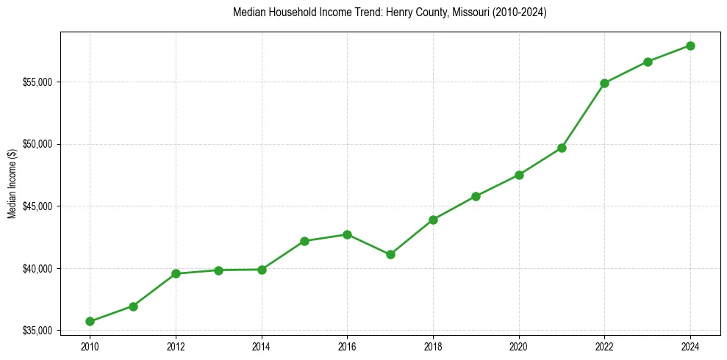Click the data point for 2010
[x=90, y=321]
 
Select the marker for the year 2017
[x=390, y=254]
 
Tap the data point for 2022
[x=605, y=83]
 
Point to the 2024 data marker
[x=691, y=46]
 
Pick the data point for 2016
[x=348, y=234]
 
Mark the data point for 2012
[x=176, y=273]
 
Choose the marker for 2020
[x=519, y=175]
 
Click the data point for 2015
[x=304, y=241]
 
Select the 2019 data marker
[x=476, y=196]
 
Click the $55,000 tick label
[x=37, y=82]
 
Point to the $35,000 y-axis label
[x=37, y=331]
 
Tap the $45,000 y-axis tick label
[x=37, y=206]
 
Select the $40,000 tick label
[x=37, y=268]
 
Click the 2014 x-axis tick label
[x=262, y=346]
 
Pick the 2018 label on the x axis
[x=433, y=346]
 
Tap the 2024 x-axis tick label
[x=691, y=346]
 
